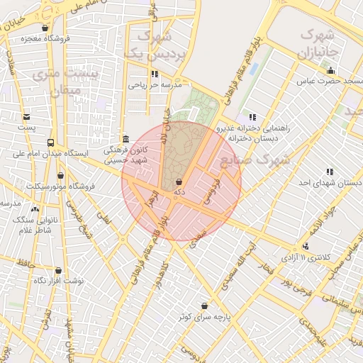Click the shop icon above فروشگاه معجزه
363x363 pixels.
[x=46, y=28]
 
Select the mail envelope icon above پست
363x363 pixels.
[x=26, y=117]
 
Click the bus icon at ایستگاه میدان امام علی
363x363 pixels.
[x=50, y=143]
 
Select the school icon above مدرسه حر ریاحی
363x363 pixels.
[x=154, y=74]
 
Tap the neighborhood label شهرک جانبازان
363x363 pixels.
[x=320, y=43]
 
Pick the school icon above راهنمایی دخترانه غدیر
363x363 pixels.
[x=251, y=118]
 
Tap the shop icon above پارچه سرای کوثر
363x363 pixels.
[x=204, y=306]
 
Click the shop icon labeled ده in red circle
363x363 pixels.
[x=179, y=182]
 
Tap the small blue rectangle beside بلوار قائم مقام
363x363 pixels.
[x=254, y=70]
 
